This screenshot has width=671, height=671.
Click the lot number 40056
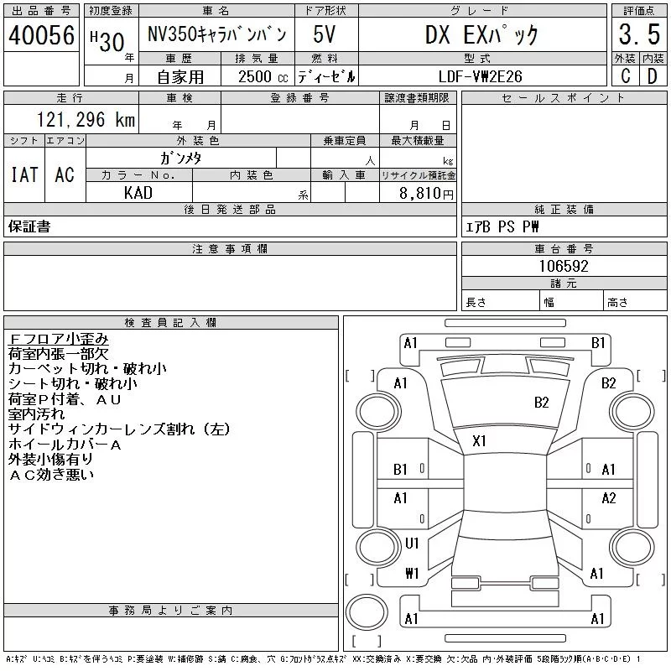tap(41, 35)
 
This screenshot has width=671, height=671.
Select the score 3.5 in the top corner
tap(639, 34)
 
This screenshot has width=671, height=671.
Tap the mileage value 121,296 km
tap(86, 120)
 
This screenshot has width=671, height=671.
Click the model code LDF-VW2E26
tap(481, 76)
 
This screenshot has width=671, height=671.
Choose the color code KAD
tap(138, 193)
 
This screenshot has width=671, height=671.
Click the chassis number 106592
tap(564, 266)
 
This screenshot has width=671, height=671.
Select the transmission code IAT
tap(24, 174)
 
